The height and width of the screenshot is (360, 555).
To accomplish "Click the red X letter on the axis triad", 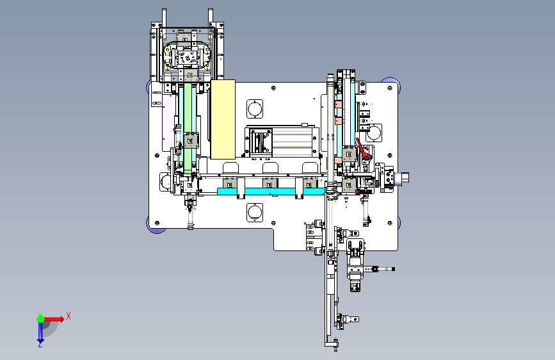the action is click(x=68, y=316).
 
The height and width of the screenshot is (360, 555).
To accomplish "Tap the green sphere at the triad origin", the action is click(x=41, y=319).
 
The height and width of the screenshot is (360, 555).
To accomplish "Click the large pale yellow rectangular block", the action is click(x=223, y=119).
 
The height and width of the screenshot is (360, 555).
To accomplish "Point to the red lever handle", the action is click(x=362, y=148).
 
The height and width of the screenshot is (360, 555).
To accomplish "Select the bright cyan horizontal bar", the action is click(x=271, y=192).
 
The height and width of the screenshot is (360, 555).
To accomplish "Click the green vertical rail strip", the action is click(x=188, y=127).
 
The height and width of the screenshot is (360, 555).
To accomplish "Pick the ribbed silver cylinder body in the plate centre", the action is click(x=292, y=142).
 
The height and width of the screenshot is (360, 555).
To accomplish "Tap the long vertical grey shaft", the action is click(x=330, y=131).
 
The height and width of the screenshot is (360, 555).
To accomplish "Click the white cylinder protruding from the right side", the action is click(x=403, y=178).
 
